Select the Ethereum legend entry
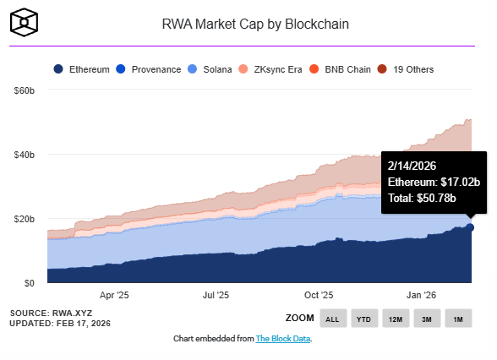(81, 69)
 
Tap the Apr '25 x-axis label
(113, 296)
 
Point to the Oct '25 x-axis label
(319, 296)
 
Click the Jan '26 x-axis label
(422, 296)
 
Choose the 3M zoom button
(428, 318)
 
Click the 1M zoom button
(459, 318)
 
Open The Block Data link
(283, 339)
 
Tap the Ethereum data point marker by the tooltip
(470, 227)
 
